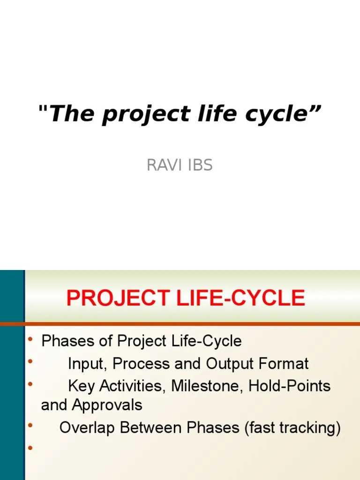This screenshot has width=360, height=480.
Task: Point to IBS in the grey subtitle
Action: [x=199, y=165]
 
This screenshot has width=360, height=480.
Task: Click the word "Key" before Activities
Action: [x=81, y=386]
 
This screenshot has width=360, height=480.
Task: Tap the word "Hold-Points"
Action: [x=289, y=386]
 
